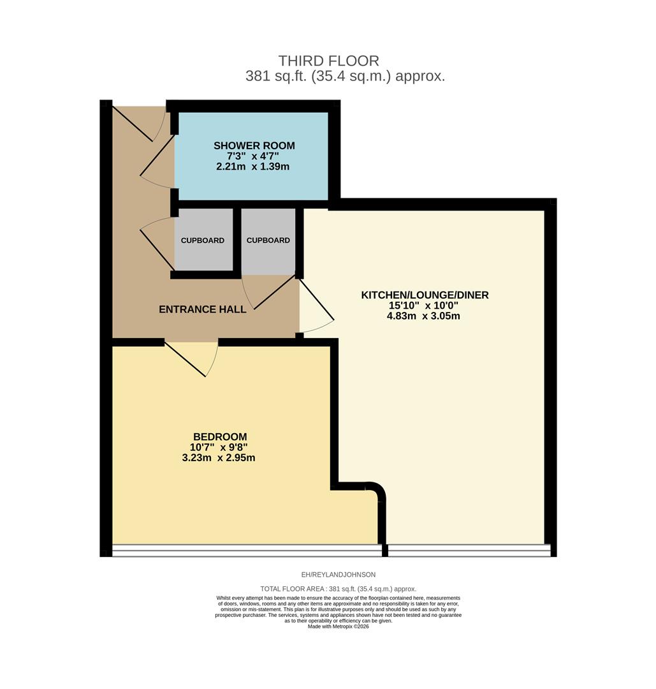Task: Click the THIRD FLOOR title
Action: tap(328, 61)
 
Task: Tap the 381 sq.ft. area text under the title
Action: tap(345, 77)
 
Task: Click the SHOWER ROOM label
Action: tap(254, 146)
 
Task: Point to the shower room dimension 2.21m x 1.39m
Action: tap(253, 167)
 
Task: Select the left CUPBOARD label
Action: tap(202, 241)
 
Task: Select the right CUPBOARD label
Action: tap(268, 241)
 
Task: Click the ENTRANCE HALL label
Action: tap(202, 309)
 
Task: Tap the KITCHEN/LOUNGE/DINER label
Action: tap(425, 295)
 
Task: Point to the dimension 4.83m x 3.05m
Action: tap(425, 316)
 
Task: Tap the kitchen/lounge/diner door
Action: tap(317, 307)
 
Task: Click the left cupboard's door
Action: tap(157, 244)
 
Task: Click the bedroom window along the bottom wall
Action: tap(247, 551)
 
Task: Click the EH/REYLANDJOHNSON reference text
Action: tap(338, 575)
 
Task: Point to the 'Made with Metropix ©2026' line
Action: tap(339, 626)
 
